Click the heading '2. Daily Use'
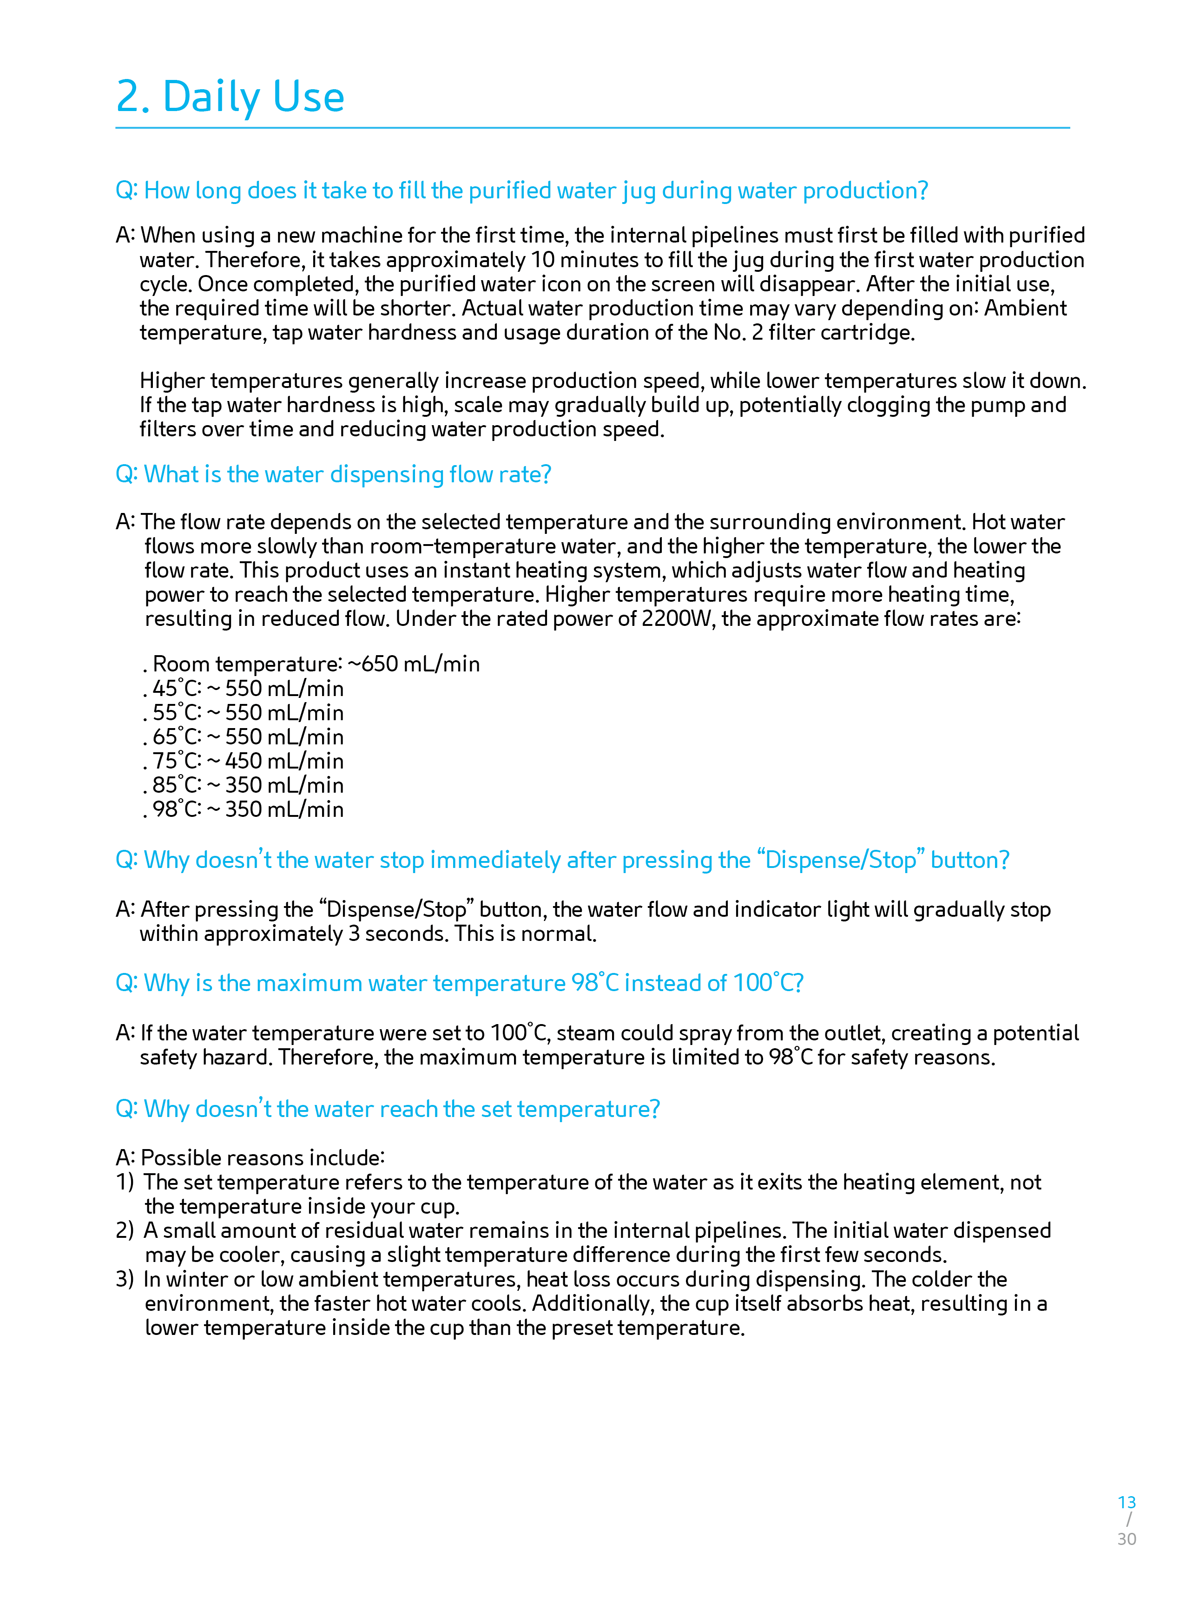pyautogui.click(x=230, y=97)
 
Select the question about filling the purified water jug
pyautogui.click(x=521, y=190)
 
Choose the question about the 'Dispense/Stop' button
pyautogui.click(x=562, y=860)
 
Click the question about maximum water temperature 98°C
pyautogui.click(x=460, y=983)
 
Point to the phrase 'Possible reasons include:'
pyautogui.click(x=263, y=1158)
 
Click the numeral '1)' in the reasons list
pyautogui.click(x=125, y=1182)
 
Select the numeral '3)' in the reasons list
pyautogui.click(x=125, y=1279)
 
